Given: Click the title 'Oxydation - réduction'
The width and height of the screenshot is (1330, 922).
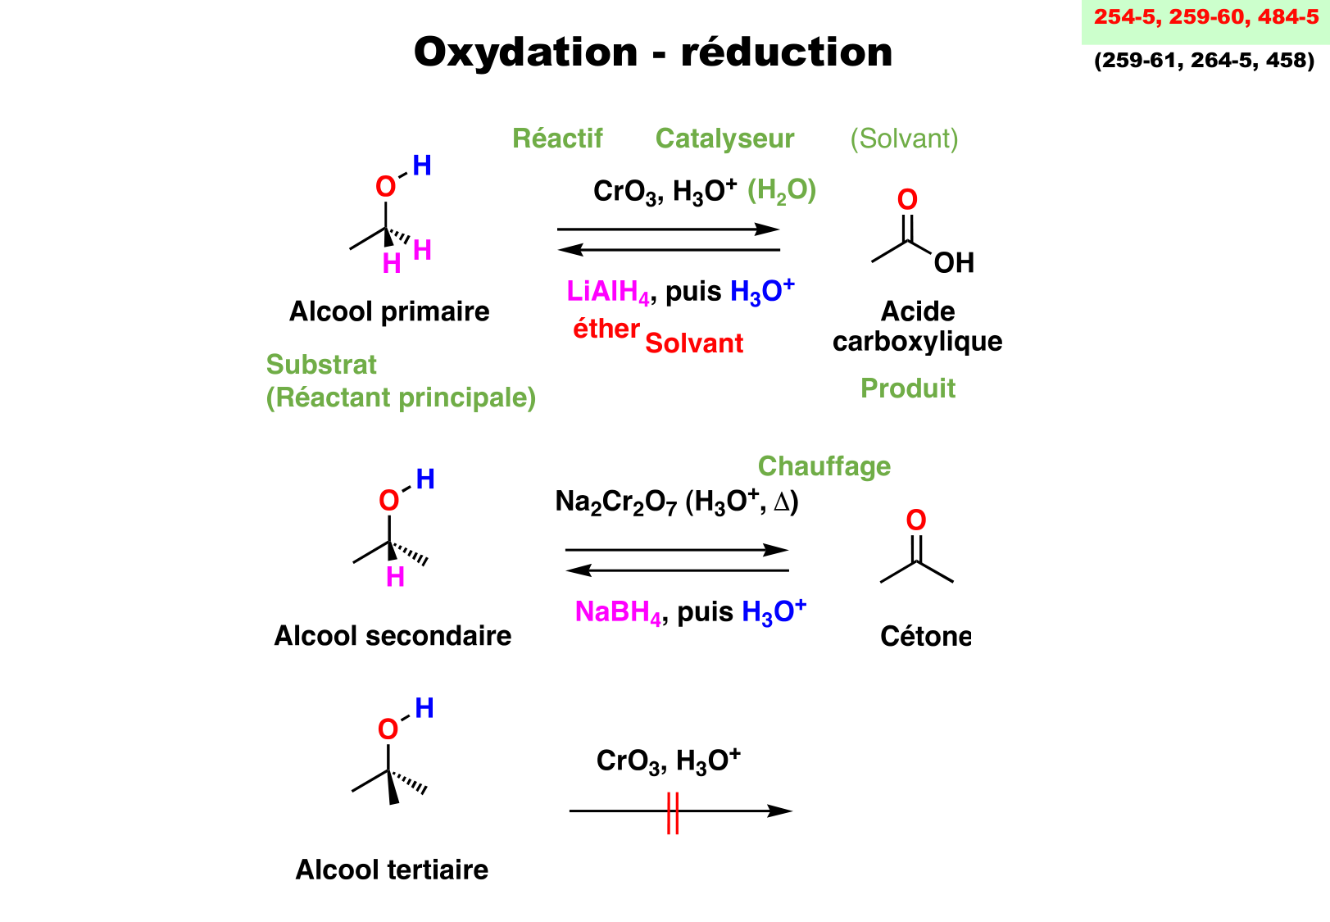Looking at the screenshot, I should pos(653,52).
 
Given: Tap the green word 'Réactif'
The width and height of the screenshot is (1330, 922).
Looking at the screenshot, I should pos(557,139).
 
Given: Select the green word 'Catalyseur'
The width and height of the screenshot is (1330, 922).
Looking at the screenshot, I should pos(724,139).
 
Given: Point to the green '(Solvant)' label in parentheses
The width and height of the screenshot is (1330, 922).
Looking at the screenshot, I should pos(904,139).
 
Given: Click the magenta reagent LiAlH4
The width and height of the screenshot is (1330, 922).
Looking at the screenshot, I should pos(608,292).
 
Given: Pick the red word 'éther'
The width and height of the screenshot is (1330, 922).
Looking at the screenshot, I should pos(606,329).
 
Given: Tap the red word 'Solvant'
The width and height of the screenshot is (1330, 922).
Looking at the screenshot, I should pos(694,343).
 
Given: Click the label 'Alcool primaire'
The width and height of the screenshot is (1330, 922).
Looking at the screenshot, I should pos(389,311).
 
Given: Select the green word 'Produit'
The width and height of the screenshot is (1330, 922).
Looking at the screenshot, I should pos(908,388).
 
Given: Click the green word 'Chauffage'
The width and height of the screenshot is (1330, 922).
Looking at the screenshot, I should pos(824,466).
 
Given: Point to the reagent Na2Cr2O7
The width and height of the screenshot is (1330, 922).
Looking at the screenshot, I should pos(616,502).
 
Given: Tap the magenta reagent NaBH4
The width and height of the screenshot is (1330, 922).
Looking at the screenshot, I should pos(618,612).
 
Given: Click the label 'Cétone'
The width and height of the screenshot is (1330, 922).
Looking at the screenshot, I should pos(925,636).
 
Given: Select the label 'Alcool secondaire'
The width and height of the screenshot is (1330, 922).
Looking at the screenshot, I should pos(393,636).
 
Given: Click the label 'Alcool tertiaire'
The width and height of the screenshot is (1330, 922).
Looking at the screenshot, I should pos(392,870).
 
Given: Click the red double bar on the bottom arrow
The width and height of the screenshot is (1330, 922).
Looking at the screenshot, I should pos(673,812).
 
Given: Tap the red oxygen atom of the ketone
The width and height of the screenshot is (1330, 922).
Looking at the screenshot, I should pos(916,520).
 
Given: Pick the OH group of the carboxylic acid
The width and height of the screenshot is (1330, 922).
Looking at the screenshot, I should pos(954,263).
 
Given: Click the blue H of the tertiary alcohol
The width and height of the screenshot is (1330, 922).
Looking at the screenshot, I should pos(424,708).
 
